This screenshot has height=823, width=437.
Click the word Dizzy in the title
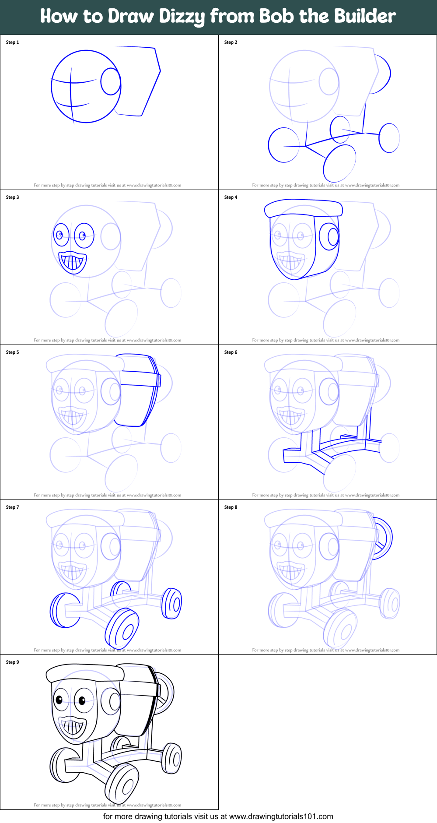coord(182,17)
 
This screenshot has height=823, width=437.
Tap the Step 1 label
coord(12,42)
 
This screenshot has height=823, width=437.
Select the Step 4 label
coord(231,197)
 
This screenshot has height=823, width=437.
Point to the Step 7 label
coord(12,507)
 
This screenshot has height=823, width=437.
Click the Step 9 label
coord(12,662)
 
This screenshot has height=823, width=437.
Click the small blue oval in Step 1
coord(111,81)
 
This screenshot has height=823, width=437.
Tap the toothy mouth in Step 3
coord(73,262)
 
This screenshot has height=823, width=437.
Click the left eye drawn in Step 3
coord(61,235)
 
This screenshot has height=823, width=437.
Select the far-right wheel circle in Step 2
coord(389,138)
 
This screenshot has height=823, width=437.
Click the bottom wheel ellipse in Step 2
coord(339,163)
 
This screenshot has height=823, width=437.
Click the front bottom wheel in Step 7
coord(122,629)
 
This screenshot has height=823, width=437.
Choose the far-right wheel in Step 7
coord(172,604)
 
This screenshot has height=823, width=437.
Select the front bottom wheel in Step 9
coord(122,784)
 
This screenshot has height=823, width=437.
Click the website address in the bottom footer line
coord(281,816)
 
